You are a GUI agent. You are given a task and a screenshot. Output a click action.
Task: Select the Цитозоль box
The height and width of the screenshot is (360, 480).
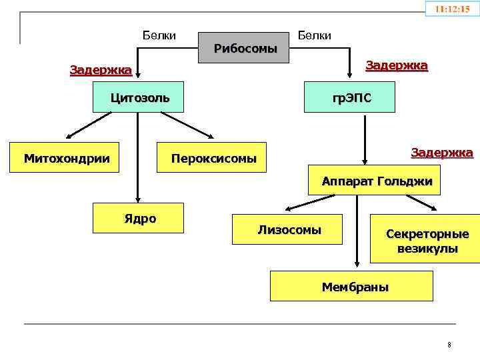click(x=140, y=99)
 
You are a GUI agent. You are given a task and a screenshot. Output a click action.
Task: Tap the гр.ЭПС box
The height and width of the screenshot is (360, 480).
click(x=353, y=99)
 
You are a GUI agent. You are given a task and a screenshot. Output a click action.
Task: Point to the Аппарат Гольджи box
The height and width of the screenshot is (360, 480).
click(x=377, y=181)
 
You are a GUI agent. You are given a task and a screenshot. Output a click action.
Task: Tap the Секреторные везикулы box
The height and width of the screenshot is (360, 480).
click(x=427, y=241)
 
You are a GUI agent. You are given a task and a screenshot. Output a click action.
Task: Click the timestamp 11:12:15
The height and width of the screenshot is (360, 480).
click(x=452, y=9)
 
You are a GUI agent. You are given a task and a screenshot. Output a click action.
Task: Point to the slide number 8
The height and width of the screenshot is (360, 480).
click(x=449, y=345)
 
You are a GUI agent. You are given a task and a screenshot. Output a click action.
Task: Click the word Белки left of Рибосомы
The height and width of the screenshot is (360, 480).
click(x=159, y=35)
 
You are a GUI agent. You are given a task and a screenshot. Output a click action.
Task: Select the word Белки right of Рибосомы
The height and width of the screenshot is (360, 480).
click(x=314, y=35)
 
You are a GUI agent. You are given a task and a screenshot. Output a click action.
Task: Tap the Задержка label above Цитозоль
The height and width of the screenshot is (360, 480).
click(x=101, y=71)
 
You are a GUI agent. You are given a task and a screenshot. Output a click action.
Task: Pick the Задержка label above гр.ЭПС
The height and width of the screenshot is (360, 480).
click(x=397, y=66)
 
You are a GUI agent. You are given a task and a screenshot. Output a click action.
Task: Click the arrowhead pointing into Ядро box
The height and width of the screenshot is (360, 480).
click(x=137, y=198)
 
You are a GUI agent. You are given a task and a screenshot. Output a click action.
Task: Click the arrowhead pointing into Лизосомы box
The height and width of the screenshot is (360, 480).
click(x=287, y=209)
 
